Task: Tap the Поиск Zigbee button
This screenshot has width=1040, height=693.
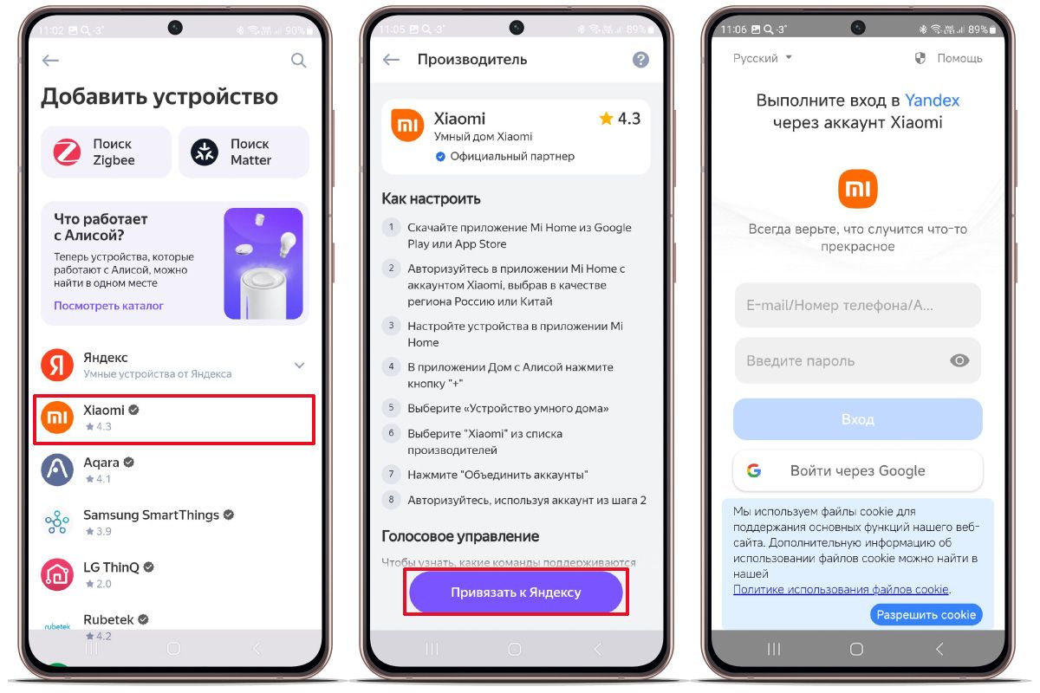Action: coord(106,152)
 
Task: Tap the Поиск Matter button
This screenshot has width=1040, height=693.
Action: coord(244,152)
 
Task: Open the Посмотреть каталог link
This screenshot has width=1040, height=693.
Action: coord(108,306)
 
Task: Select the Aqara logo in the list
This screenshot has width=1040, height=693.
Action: coord(57,470)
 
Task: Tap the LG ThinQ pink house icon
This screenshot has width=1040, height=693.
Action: coord(57,574)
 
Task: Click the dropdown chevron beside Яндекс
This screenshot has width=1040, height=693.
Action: coord(300,366)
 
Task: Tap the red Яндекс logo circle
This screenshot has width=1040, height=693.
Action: coord(57,365)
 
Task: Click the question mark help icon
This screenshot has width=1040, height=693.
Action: coord(640,60)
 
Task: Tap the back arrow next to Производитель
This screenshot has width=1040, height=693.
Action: coord(391,60)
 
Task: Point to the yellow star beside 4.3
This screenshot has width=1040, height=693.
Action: coord(606,119)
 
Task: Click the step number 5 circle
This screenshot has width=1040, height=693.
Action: coord(391,407)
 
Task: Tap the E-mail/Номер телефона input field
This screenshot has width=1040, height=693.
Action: coord(857,305)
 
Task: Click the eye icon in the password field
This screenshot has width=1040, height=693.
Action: coord(959,360)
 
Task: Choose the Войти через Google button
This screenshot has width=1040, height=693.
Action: coord(857,470)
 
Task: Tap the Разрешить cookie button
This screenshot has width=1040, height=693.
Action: coord(926,614)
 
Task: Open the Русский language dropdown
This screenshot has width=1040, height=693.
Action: coord(762,58)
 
